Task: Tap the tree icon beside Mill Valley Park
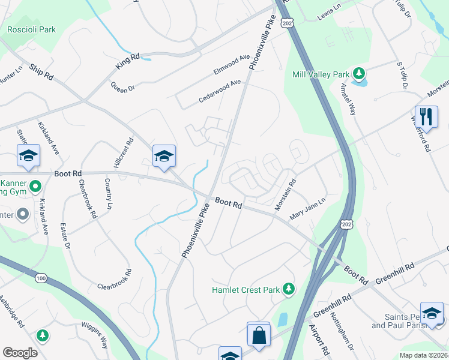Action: (x=359, y=74)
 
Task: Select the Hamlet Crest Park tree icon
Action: (x=289, y=289)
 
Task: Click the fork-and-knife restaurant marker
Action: (x=426, y=116)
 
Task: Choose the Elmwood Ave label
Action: (x=231, y=65)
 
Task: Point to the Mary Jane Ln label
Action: (x=306, y=210)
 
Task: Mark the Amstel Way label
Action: (x=348, y=99)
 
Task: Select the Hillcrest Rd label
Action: (x=118, y=155)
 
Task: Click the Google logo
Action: (x=20, y=353)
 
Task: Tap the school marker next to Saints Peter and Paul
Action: (x=432, y=313)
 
